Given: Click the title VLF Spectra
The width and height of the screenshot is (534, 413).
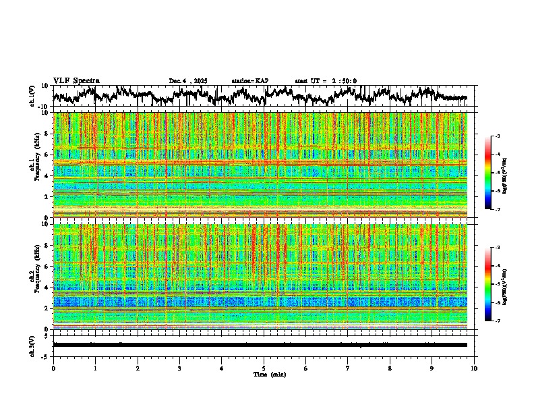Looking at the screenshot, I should coord(76,81).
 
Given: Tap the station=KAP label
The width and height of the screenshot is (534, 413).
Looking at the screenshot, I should coord(249,81).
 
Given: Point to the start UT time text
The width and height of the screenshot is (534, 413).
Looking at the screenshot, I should coord(326,81).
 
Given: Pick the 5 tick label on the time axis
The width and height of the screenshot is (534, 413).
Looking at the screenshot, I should coord(264,368).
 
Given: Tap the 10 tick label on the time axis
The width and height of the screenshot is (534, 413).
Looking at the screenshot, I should coord(474,368).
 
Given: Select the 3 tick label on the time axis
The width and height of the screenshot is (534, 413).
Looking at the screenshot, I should coord(179,368).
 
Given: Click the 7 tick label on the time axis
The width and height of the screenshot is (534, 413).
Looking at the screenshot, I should coord(347,368).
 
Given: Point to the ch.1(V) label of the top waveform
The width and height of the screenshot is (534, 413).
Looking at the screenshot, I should coord(32,97).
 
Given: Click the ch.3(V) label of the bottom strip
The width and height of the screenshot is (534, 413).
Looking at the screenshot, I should coord(32,345).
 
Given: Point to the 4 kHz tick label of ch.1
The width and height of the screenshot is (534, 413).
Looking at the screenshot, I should coord(46,175).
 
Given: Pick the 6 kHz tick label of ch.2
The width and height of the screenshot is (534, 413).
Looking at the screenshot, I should coord(46,266).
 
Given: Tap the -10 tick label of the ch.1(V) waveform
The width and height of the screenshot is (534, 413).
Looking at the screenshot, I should coord(44,107).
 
